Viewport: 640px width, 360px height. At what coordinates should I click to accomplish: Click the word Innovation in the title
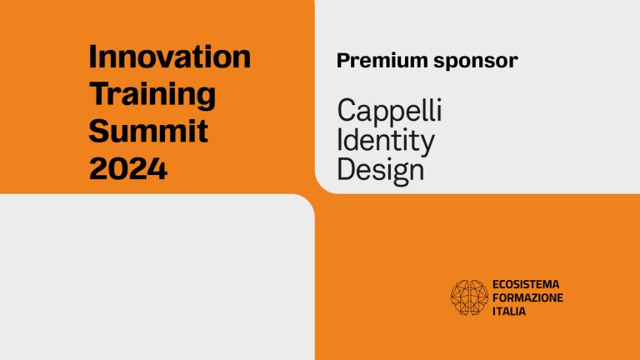click(169, 57)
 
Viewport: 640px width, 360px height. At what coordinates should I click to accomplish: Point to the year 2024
click(128, 167)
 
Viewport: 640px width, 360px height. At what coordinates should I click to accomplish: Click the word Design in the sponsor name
click(380, 170)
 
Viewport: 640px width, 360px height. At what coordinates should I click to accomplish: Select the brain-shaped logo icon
click(468, 297)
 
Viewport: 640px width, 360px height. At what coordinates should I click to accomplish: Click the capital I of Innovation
click(92, 57)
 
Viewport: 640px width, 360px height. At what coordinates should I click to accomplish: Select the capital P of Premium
click(342, 61)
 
